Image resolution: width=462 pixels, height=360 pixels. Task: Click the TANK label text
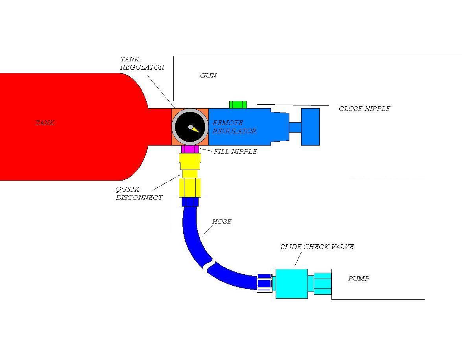tap(45, 123)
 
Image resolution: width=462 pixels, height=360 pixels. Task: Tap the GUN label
tap(208, 76)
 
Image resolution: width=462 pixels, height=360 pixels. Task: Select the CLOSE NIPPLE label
tap(364, 109)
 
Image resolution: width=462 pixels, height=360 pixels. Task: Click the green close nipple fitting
tap(238, 104)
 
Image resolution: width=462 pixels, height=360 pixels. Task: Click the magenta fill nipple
tap(190, 149)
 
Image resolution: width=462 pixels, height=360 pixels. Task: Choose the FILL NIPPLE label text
tap(235, 151)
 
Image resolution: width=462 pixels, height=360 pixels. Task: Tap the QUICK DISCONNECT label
tap(139, 194)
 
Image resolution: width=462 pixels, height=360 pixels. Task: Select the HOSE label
tap(221, 222)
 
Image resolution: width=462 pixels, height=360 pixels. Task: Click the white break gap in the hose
tap(209, 265)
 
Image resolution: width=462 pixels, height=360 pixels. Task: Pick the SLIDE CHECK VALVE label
tap(317, 247)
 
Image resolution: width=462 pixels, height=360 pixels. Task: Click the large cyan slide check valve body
tap(291, 283)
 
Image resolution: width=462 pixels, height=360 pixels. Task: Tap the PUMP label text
tap(358, 279)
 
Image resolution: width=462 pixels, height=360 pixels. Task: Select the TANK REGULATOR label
tap(142, 63)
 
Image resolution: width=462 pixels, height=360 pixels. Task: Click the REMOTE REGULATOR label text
tap(234, 127)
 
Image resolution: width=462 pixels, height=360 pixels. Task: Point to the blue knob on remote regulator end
tap(310, 127)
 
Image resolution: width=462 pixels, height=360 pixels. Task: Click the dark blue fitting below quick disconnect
tap(190, 202)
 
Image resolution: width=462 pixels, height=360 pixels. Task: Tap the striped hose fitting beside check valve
tap(264, 283)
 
